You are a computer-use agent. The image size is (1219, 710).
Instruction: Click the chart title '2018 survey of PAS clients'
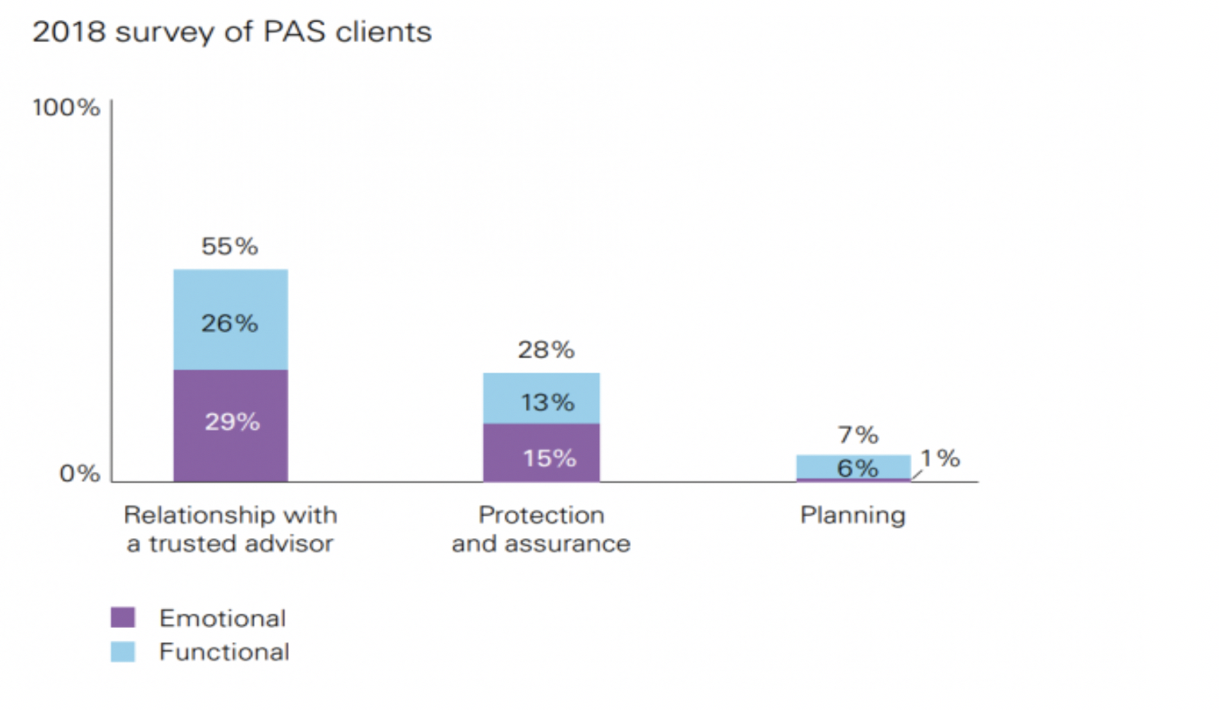(232, 33)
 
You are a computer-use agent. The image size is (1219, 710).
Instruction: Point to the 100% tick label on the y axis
(66, 107)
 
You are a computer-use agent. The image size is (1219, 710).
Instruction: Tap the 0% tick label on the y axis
(80, 474)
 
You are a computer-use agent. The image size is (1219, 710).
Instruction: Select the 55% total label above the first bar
(229, 247)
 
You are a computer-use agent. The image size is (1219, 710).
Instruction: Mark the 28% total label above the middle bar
(546, 350)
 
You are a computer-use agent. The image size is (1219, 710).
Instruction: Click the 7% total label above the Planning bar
(858, 435)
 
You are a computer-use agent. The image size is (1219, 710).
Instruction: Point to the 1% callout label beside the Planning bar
(941, 458)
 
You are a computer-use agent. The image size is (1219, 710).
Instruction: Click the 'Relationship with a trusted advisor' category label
(230, 529)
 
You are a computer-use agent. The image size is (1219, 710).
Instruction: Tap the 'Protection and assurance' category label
(541, 529)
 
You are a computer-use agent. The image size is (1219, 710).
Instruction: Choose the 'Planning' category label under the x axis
(852, 516)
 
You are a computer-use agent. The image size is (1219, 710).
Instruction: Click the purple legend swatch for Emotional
(123, 618)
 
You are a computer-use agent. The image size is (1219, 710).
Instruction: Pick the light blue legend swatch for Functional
(123, 652)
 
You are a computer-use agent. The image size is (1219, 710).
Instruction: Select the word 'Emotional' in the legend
(223, 618)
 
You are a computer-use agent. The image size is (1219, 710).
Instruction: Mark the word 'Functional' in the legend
(224, 652)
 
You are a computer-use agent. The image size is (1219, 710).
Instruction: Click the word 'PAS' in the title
(294, 33)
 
